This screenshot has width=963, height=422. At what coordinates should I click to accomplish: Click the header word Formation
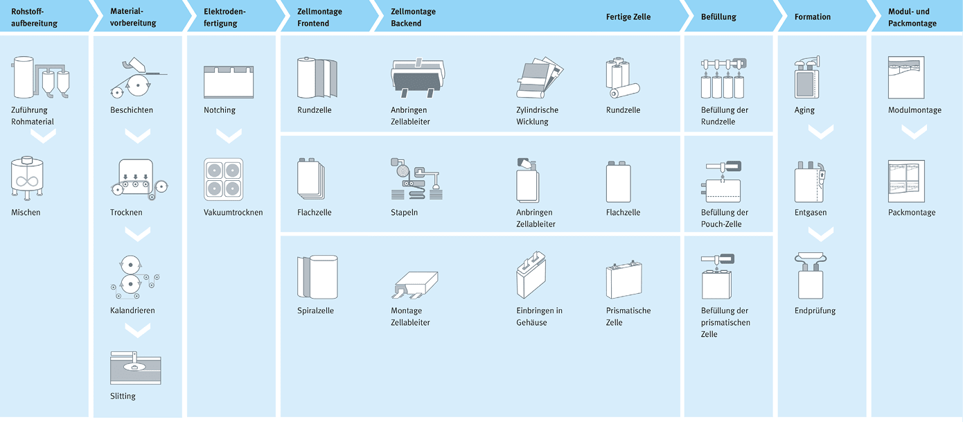coord(812,17)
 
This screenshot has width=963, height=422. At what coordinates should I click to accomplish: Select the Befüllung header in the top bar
coord(718,17)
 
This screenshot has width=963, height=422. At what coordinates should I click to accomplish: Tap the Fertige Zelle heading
coord(628,17)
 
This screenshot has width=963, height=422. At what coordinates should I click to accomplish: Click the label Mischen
coord(26,213)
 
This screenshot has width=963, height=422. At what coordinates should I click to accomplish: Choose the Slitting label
coord(123,396)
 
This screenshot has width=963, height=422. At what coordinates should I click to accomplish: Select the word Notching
coord(220,110)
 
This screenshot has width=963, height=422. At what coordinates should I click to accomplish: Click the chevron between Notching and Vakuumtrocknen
coord(224,136)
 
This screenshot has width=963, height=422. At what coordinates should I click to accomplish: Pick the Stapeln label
coord(404,213)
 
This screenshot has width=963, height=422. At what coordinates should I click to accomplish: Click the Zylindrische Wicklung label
coord(537,116)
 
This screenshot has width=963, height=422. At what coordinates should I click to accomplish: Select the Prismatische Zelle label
coord(628,317)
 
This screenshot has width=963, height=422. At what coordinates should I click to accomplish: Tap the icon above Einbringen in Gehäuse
coord(531,274)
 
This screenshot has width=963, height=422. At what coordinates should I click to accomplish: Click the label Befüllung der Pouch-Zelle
coord(725,218)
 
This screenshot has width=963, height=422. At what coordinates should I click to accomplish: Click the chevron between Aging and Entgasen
coord(821,132)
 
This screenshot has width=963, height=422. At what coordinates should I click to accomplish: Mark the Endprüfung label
coord(815,311)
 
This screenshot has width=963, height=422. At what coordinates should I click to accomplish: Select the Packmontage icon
coord(906,180)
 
